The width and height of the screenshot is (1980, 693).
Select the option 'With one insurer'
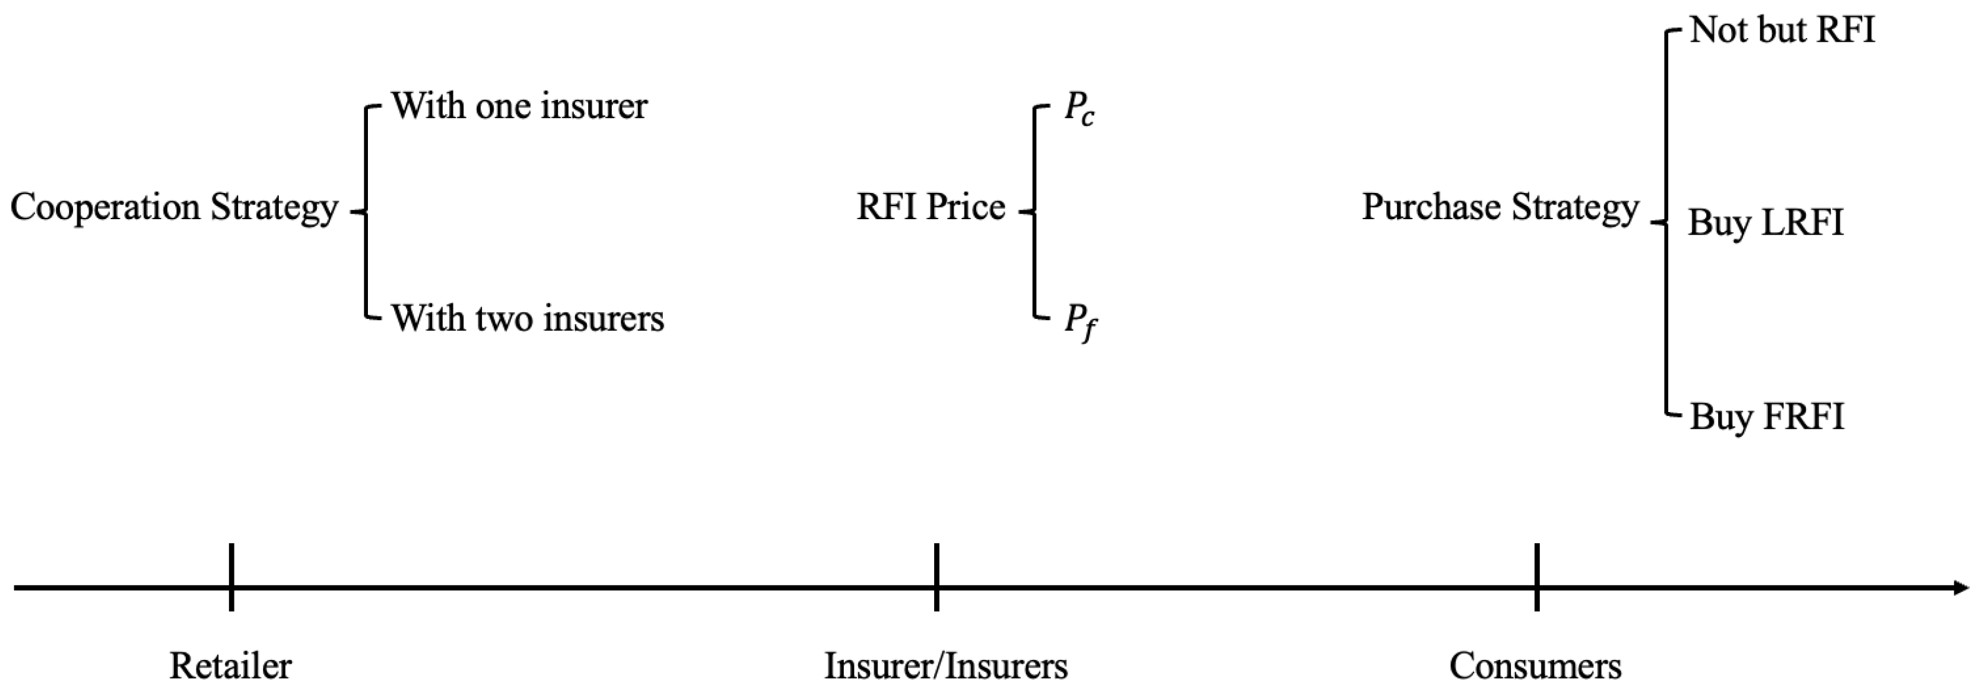[519, 106]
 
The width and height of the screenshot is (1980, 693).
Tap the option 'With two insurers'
[528, 318]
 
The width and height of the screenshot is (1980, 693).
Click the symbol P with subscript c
[1078, 110]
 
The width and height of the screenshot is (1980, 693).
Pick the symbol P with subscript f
[1079, 322]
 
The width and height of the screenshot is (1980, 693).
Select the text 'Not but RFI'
[1782, 31]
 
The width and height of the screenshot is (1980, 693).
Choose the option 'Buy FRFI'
[1766, 418]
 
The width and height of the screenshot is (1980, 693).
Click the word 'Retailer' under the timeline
[231, 666]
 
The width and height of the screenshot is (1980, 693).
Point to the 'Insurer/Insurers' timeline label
[945, 666]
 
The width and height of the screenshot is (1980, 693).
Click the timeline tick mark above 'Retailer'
[231, 577]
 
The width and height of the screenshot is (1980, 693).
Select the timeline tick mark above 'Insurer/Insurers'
[936, 577]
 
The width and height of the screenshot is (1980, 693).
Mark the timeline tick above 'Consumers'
[1537, 577]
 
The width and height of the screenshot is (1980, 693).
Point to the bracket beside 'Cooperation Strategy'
[367, 212]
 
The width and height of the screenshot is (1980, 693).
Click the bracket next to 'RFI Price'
[1035, 212]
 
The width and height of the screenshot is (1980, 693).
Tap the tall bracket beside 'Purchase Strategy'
[1666, 223]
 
